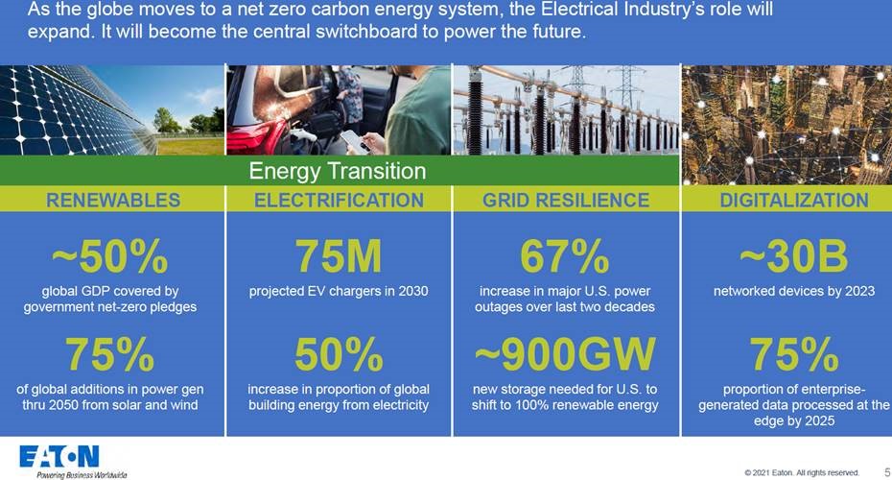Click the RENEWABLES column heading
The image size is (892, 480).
(x=113, y=200)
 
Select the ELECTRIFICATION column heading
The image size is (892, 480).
(x=339, y=200)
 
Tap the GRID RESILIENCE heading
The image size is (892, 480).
(x=566, y=200)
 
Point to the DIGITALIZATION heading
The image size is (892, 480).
(x=794, y=200)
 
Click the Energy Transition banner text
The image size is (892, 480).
(x=338, y=171)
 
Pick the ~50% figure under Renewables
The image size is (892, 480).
(x=109, y=256)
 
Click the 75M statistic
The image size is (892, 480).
(x=339, y=256)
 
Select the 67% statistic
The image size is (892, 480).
(x=565, y=256)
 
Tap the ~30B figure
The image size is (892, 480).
(x=793, y=256)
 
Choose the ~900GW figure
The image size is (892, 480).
(x=565, y=354)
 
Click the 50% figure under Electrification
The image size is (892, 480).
(x=339, y=354)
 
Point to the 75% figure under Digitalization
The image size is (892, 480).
(x=794, y=354)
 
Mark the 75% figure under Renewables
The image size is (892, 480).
(x=109, y=354)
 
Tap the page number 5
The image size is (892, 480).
(x=887, y=472)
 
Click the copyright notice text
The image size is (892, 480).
(x=802, y=472)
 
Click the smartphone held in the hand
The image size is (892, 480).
(x=354, y=140)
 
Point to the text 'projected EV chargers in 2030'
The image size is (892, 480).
(x=339, y=291)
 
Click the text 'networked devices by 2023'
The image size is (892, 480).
(x=794, y=291)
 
